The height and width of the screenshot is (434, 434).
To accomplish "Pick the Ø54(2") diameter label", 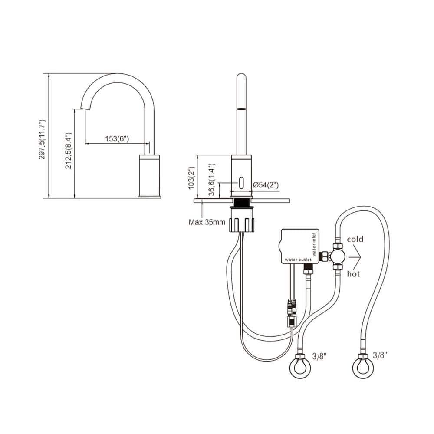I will pyautogui.click(x=266, y=185).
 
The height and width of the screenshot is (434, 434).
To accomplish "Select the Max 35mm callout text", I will pyautogui.click(x=207, y=223).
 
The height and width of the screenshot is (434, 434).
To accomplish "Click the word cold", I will pyautogui.click(x=355, y=239).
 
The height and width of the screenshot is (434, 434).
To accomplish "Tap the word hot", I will pyautogui.click(x=353, y=273).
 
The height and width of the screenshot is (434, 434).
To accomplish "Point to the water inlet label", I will pyautogui.click(x=314, y=243).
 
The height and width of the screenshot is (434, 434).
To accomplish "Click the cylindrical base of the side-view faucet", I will pyautogui.click(x=149, y=176).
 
